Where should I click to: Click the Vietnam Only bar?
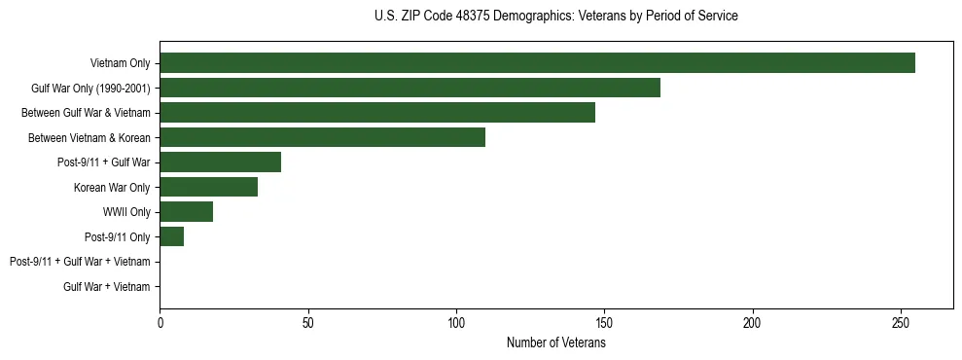coord(537,63)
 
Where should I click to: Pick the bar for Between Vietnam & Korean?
coord(322,137)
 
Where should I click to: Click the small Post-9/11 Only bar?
coord(171,236)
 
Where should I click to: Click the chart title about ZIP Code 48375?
coord(555,17)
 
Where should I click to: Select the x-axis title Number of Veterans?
coord(555,343)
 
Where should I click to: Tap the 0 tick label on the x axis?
coord(160,323)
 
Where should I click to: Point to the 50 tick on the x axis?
coord(308,323)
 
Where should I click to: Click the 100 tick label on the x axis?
coord(456,323)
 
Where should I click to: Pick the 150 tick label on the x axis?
coord(604,323)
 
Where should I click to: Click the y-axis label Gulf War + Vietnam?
coord(107,287)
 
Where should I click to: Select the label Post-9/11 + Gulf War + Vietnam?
coord(80,262)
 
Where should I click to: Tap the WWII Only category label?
coord(126,212)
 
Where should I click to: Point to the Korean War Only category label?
coord(112,187)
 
